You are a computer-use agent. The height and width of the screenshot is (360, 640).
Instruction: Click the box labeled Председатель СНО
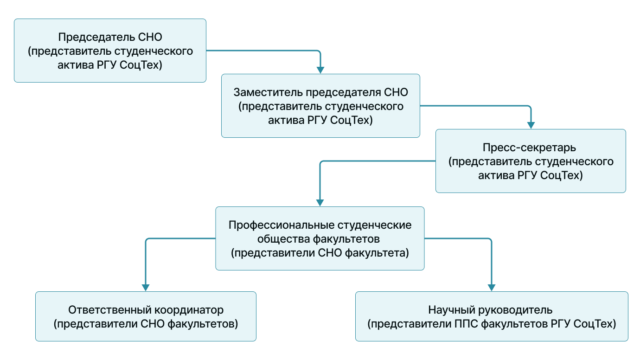(x=110, y=51)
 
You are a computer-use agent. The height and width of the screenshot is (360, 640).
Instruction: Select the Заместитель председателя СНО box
(x=320, y=106)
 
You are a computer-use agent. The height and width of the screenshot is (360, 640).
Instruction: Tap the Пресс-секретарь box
(x=531, y=161)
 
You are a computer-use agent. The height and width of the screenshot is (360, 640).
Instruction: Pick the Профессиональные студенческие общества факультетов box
(x=320, y=238)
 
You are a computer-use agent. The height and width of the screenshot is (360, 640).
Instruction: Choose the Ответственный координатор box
(x=146, y=316)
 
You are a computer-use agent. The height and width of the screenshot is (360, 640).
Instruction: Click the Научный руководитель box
(x=492, y=316)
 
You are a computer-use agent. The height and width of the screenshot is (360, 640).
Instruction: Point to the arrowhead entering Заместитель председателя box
(x=320, y=70)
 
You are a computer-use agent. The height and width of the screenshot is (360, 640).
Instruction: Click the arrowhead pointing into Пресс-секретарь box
(x=531, y=125)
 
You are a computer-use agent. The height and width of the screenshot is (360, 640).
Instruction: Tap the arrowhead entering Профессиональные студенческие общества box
(x=320, y=203)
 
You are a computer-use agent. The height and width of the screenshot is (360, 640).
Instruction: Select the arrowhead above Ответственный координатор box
(x=146, y=288)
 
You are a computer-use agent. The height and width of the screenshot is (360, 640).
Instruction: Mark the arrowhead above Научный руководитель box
(x=492, y=288)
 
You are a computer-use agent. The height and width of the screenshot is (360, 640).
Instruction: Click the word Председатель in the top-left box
(x=96, y=38)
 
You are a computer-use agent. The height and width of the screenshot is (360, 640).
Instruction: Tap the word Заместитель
(x=268, y=92)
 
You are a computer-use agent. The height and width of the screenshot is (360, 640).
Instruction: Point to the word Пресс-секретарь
(x=529, y=148)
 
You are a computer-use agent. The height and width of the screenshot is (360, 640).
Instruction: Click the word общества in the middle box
(x=283, y=239)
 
